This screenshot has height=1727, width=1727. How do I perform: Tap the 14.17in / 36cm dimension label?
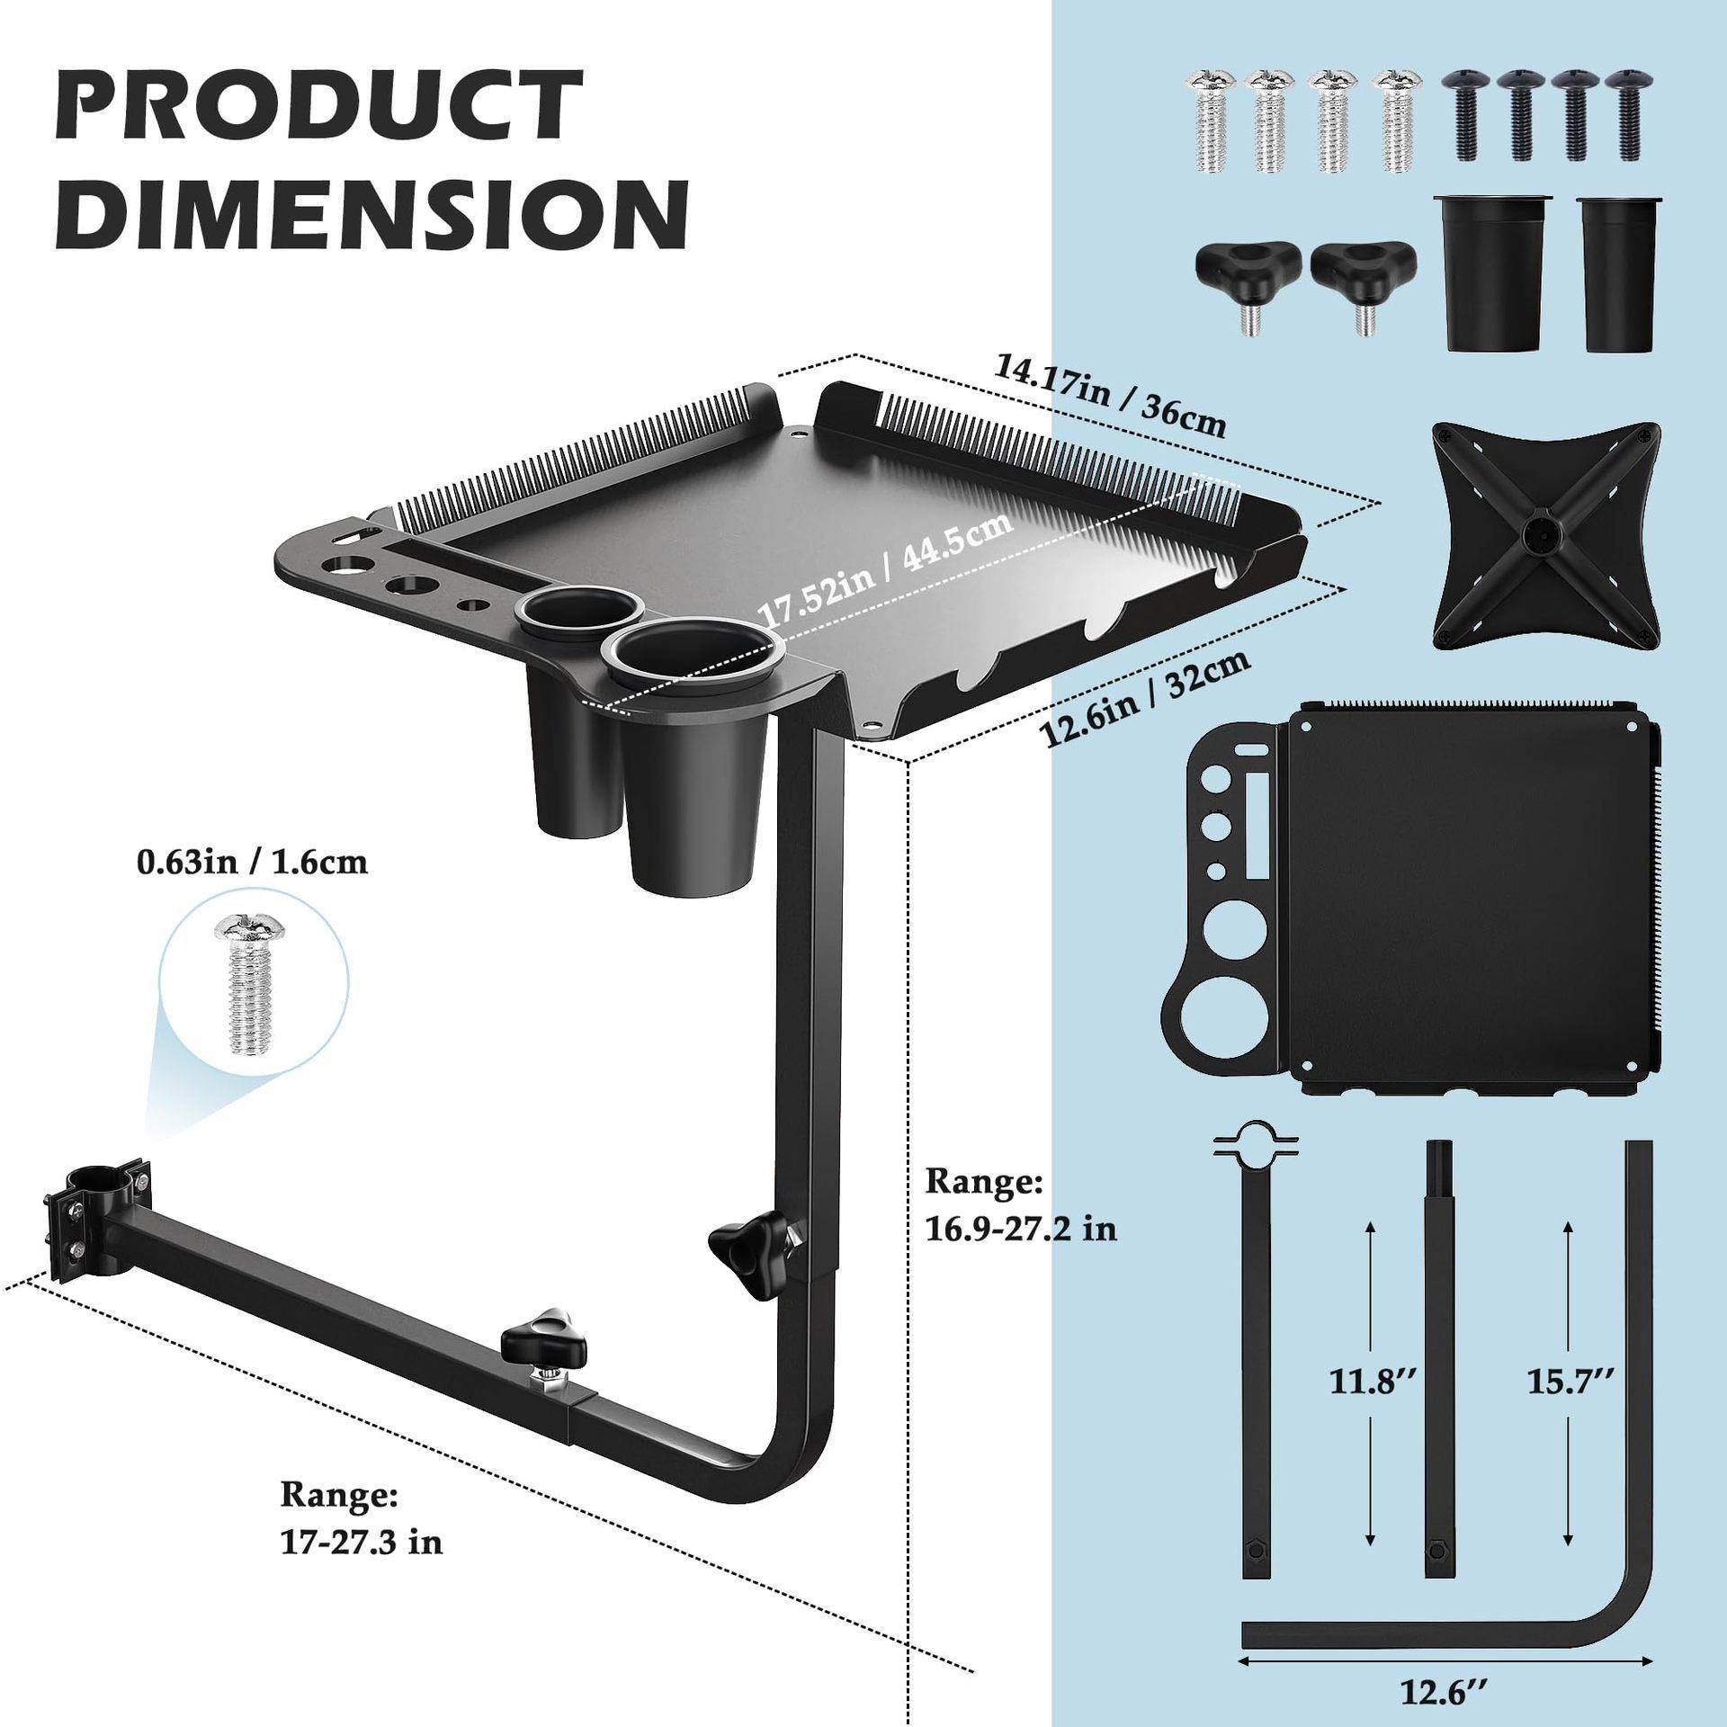pos(1111,396)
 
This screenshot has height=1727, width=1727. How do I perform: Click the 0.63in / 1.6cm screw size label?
pos(252,863)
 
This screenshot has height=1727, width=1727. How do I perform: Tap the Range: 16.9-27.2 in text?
pos(1022,1205)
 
